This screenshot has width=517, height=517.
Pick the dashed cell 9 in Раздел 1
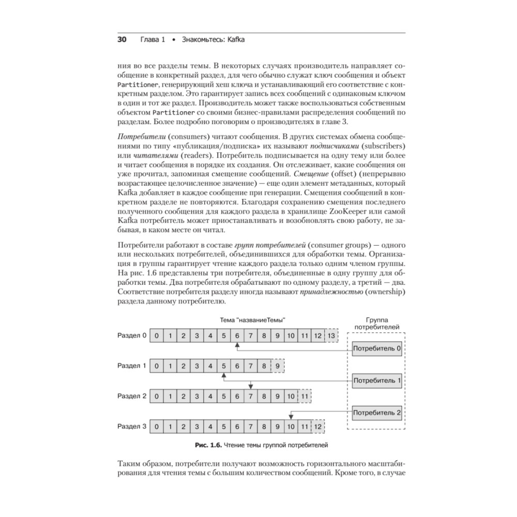(278, 366)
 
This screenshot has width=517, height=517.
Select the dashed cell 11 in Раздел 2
(305, 397)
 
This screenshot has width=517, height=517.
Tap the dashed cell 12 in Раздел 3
(318, 427)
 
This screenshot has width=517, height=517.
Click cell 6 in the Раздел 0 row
(237, 336)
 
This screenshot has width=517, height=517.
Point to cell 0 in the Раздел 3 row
(156, 427)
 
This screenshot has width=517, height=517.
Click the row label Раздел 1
(132, 366)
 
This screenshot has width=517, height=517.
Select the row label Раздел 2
(132, 397)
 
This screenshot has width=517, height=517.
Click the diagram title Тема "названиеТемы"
(253, 320)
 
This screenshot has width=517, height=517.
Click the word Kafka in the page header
(234, 40)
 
